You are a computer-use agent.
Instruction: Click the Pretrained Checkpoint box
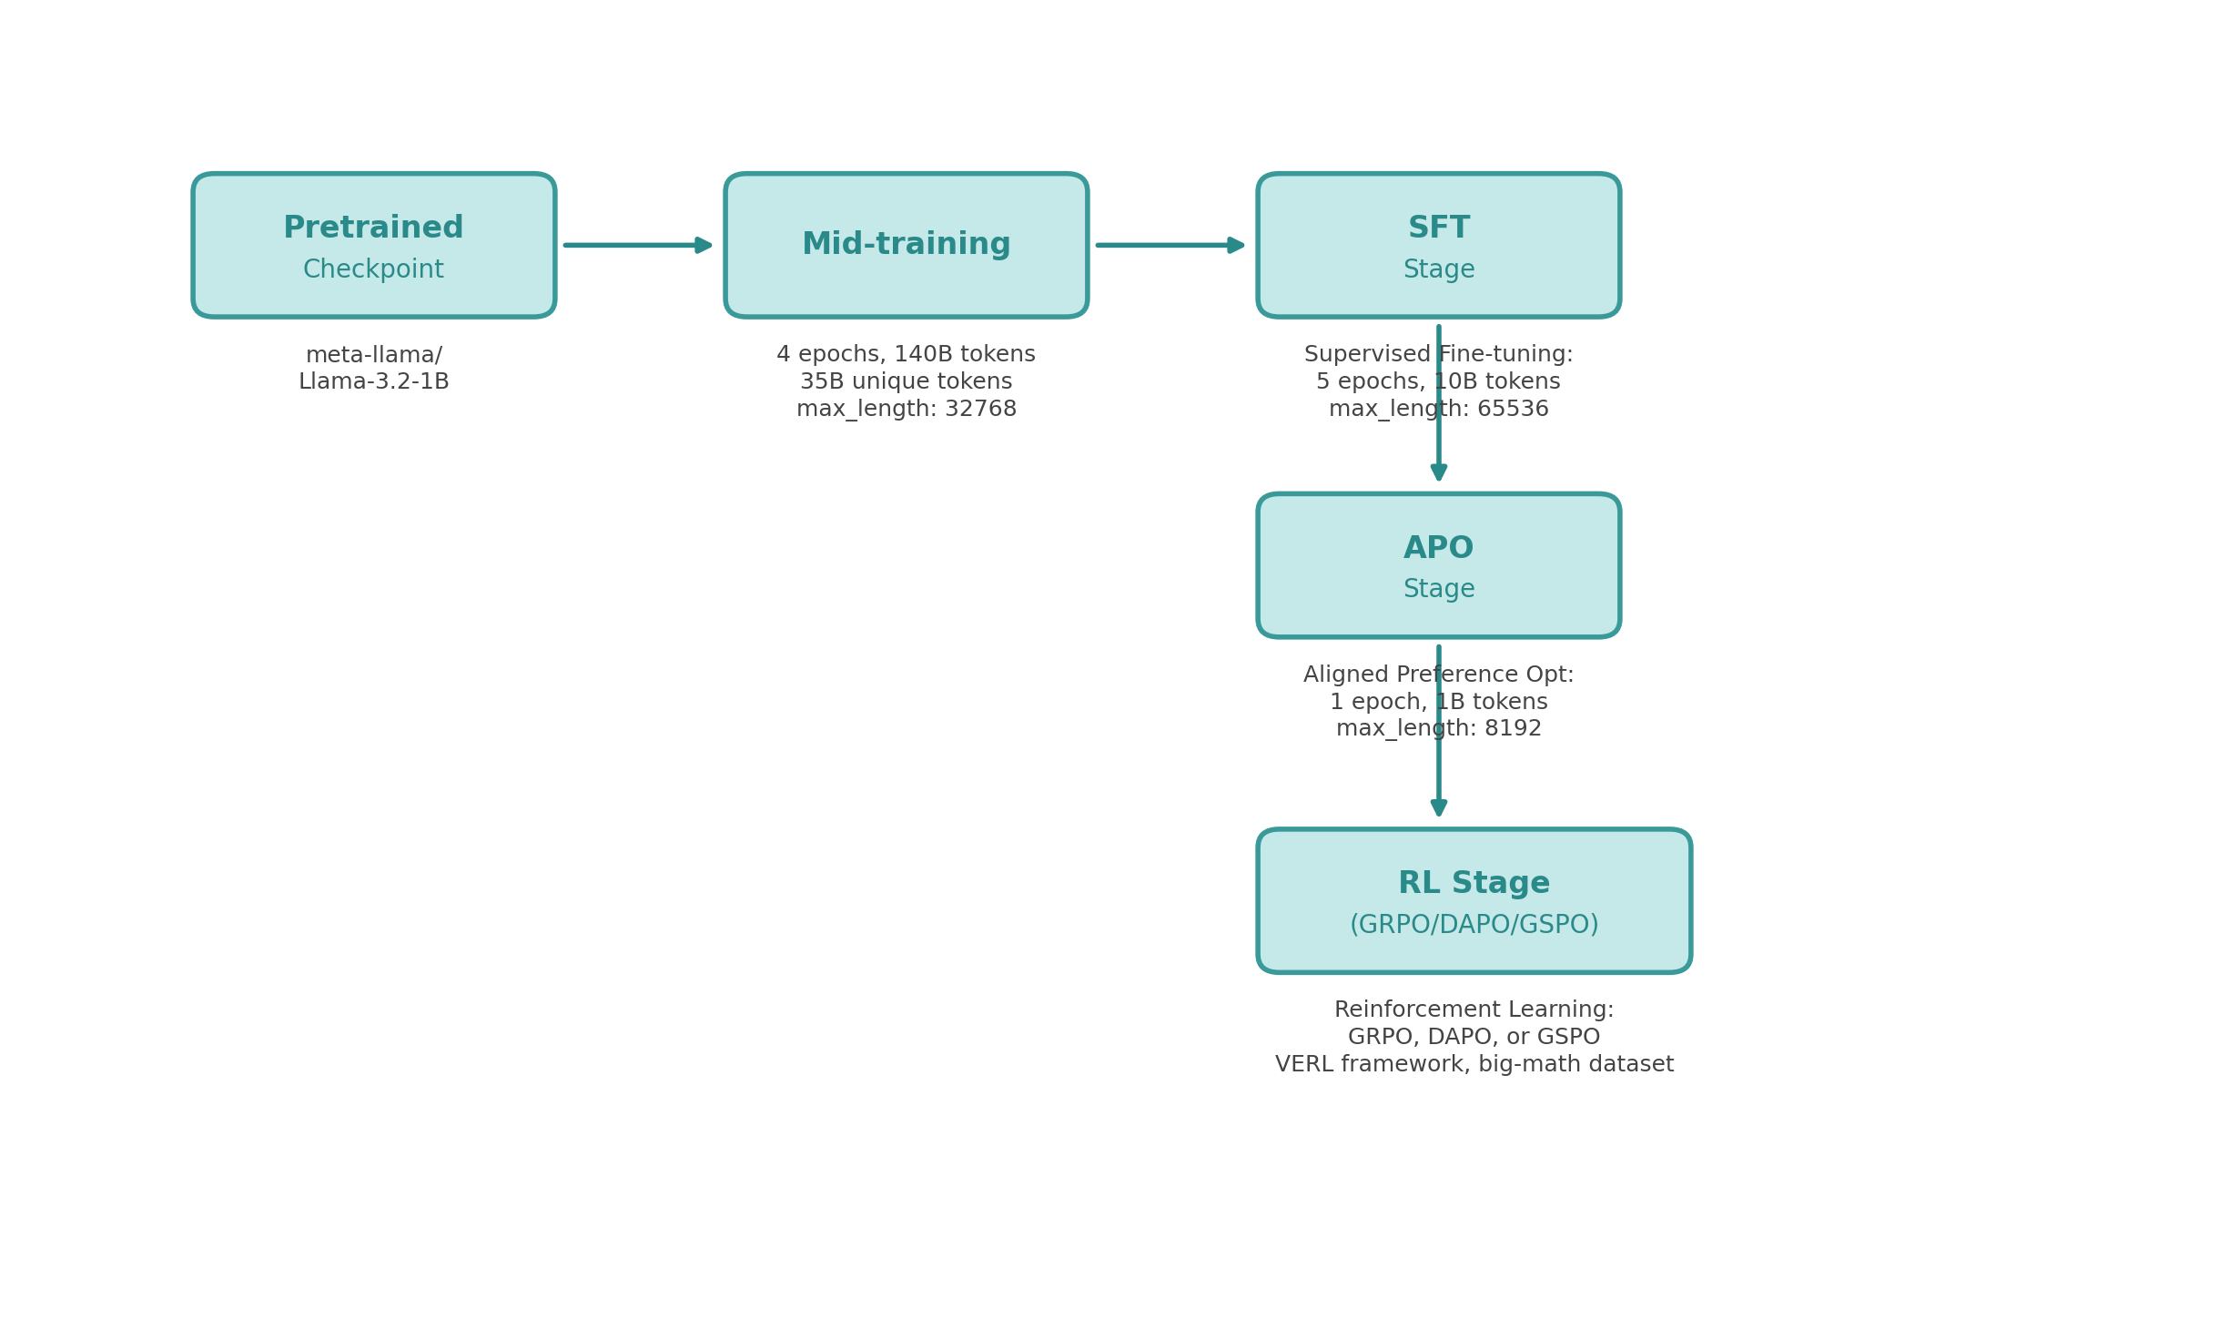click(x=373, y=245)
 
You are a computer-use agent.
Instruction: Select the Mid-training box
click(x=906, y=245)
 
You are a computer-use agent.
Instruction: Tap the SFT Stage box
click(x=1438, y=245)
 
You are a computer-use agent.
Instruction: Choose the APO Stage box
click(x=1438, y=565)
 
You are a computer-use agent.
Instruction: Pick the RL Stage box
click(x=1474, y=900)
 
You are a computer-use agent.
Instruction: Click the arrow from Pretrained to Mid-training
click(x=637, y=245)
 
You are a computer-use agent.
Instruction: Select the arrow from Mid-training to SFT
click(x=1170, y=245)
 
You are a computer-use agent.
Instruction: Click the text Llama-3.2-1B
click(x=373, y=382)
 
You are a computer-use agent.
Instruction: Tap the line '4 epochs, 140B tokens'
click(x=906, y=354)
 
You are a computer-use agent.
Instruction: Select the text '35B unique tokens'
click(x=906, y=381)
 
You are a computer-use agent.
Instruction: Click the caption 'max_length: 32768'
click(x=906, y=410)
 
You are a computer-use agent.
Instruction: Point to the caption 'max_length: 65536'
click(x=1438, y=410)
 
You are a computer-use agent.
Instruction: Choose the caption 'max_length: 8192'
click(x=1438, y=729)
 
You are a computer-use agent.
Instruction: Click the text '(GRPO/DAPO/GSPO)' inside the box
click(x=1474, y=925)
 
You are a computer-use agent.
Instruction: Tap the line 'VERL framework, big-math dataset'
click(x=1474, y=1064)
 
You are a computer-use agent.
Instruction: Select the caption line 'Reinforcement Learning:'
click(x=1474, y=1009)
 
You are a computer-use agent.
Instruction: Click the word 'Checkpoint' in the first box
click(x=373, y=269)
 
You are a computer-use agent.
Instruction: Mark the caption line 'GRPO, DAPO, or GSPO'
click(x=1474, y=1037)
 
